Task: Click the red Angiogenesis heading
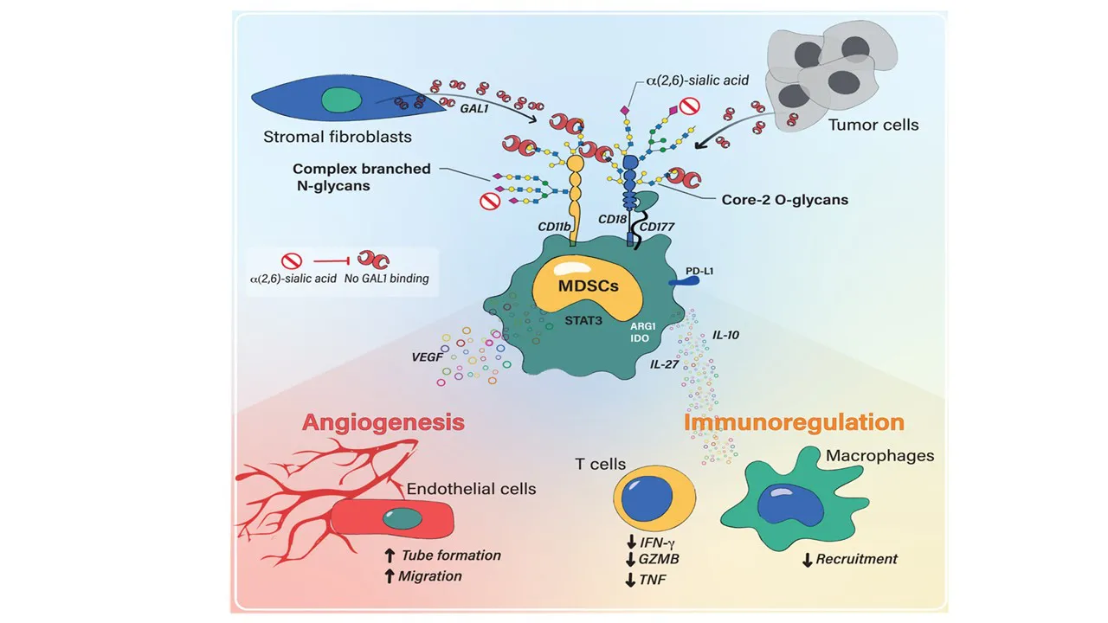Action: tap(383, 422)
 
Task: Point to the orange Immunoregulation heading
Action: tap(794, 422)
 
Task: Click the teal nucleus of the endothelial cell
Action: tap(403, 520)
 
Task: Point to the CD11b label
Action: tap(553, 227)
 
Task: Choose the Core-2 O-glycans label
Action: tap(784, 199)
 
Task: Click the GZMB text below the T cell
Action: tap(659, 559)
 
